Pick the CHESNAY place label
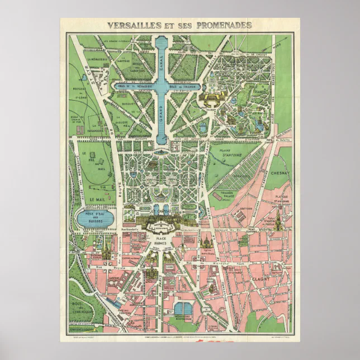pyautogui.click(x=279, y=173)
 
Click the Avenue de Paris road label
pyautogui.click(x=162, y=291)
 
